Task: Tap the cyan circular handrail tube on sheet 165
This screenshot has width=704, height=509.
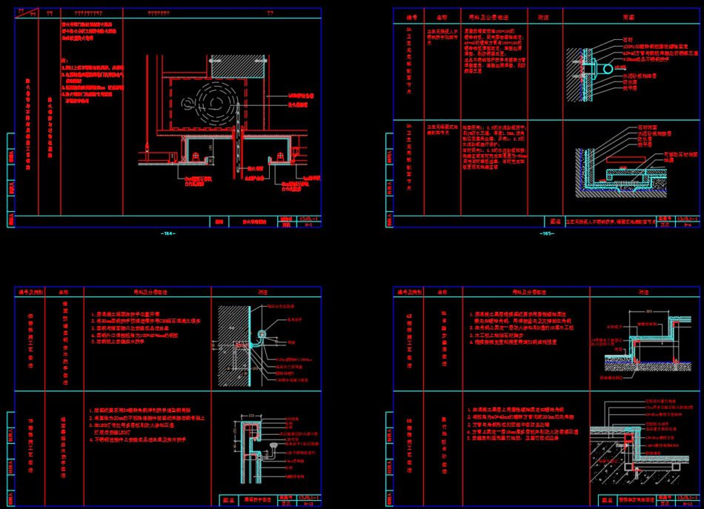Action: point(608,68)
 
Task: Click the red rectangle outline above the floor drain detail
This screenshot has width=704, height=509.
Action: point(624,158)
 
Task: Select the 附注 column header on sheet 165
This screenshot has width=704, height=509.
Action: point(543,15)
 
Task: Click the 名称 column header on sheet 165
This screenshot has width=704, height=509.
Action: point(442,15)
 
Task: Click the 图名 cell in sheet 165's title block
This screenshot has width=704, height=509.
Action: point(554,221)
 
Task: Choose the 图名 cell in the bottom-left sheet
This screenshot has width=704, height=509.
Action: point(230,499)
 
